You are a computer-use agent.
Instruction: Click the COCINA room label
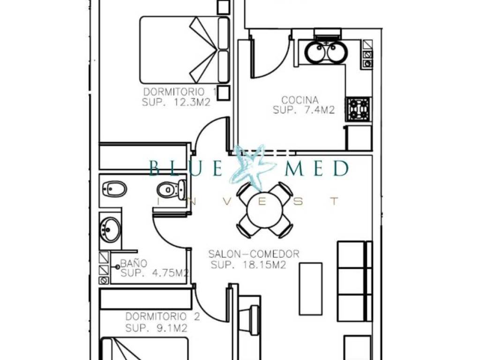[x=300, y=100]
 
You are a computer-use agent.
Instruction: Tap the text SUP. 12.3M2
[x=176, y=102]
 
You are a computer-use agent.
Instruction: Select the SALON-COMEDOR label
[x=254, y=254]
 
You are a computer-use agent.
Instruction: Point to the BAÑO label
[x=134, y=263]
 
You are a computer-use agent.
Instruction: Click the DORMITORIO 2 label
[x=163, y=316]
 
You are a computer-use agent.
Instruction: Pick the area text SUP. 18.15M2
[x=248, y=265]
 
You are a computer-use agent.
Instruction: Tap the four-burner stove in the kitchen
[x=359, y=109]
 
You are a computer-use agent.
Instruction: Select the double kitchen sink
[x=327, y=52]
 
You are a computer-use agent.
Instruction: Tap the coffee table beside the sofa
[x=310, y=289]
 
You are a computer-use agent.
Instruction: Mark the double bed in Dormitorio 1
[x=185, y=50]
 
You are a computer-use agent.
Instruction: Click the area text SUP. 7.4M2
[x=304, y=110]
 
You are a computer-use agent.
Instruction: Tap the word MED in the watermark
[x=317, y=168]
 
